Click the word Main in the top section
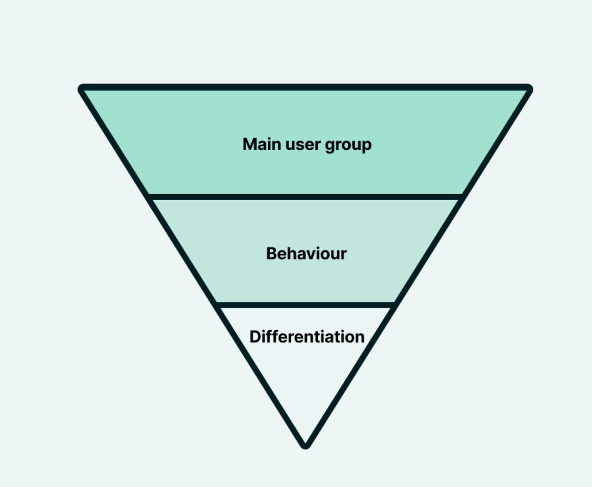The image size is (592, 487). [262, 144]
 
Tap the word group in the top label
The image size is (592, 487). [348, 145]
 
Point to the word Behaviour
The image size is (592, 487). [306, 253]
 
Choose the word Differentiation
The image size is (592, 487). [307, 337]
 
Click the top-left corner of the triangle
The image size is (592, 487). [82, 88]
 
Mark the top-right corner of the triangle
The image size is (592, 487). [529, 88]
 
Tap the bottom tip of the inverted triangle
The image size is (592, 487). [305, 445]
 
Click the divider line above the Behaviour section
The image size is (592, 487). [305, 197]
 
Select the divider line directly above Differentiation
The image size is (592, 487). [305, 305]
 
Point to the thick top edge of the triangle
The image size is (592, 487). [305, 87]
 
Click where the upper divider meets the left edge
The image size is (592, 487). [149, 197]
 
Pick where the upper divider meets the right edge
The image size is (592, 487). [462, 197]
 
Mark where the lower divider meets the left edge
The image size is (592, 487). [216, 305]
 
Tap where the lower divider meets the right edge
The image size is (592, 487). [394, 305]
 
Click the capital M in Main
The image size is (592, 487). [250, 144]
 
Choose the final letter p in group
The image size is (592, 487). [366, 146]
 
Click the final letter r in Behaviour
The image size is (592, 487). [344, 254]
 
